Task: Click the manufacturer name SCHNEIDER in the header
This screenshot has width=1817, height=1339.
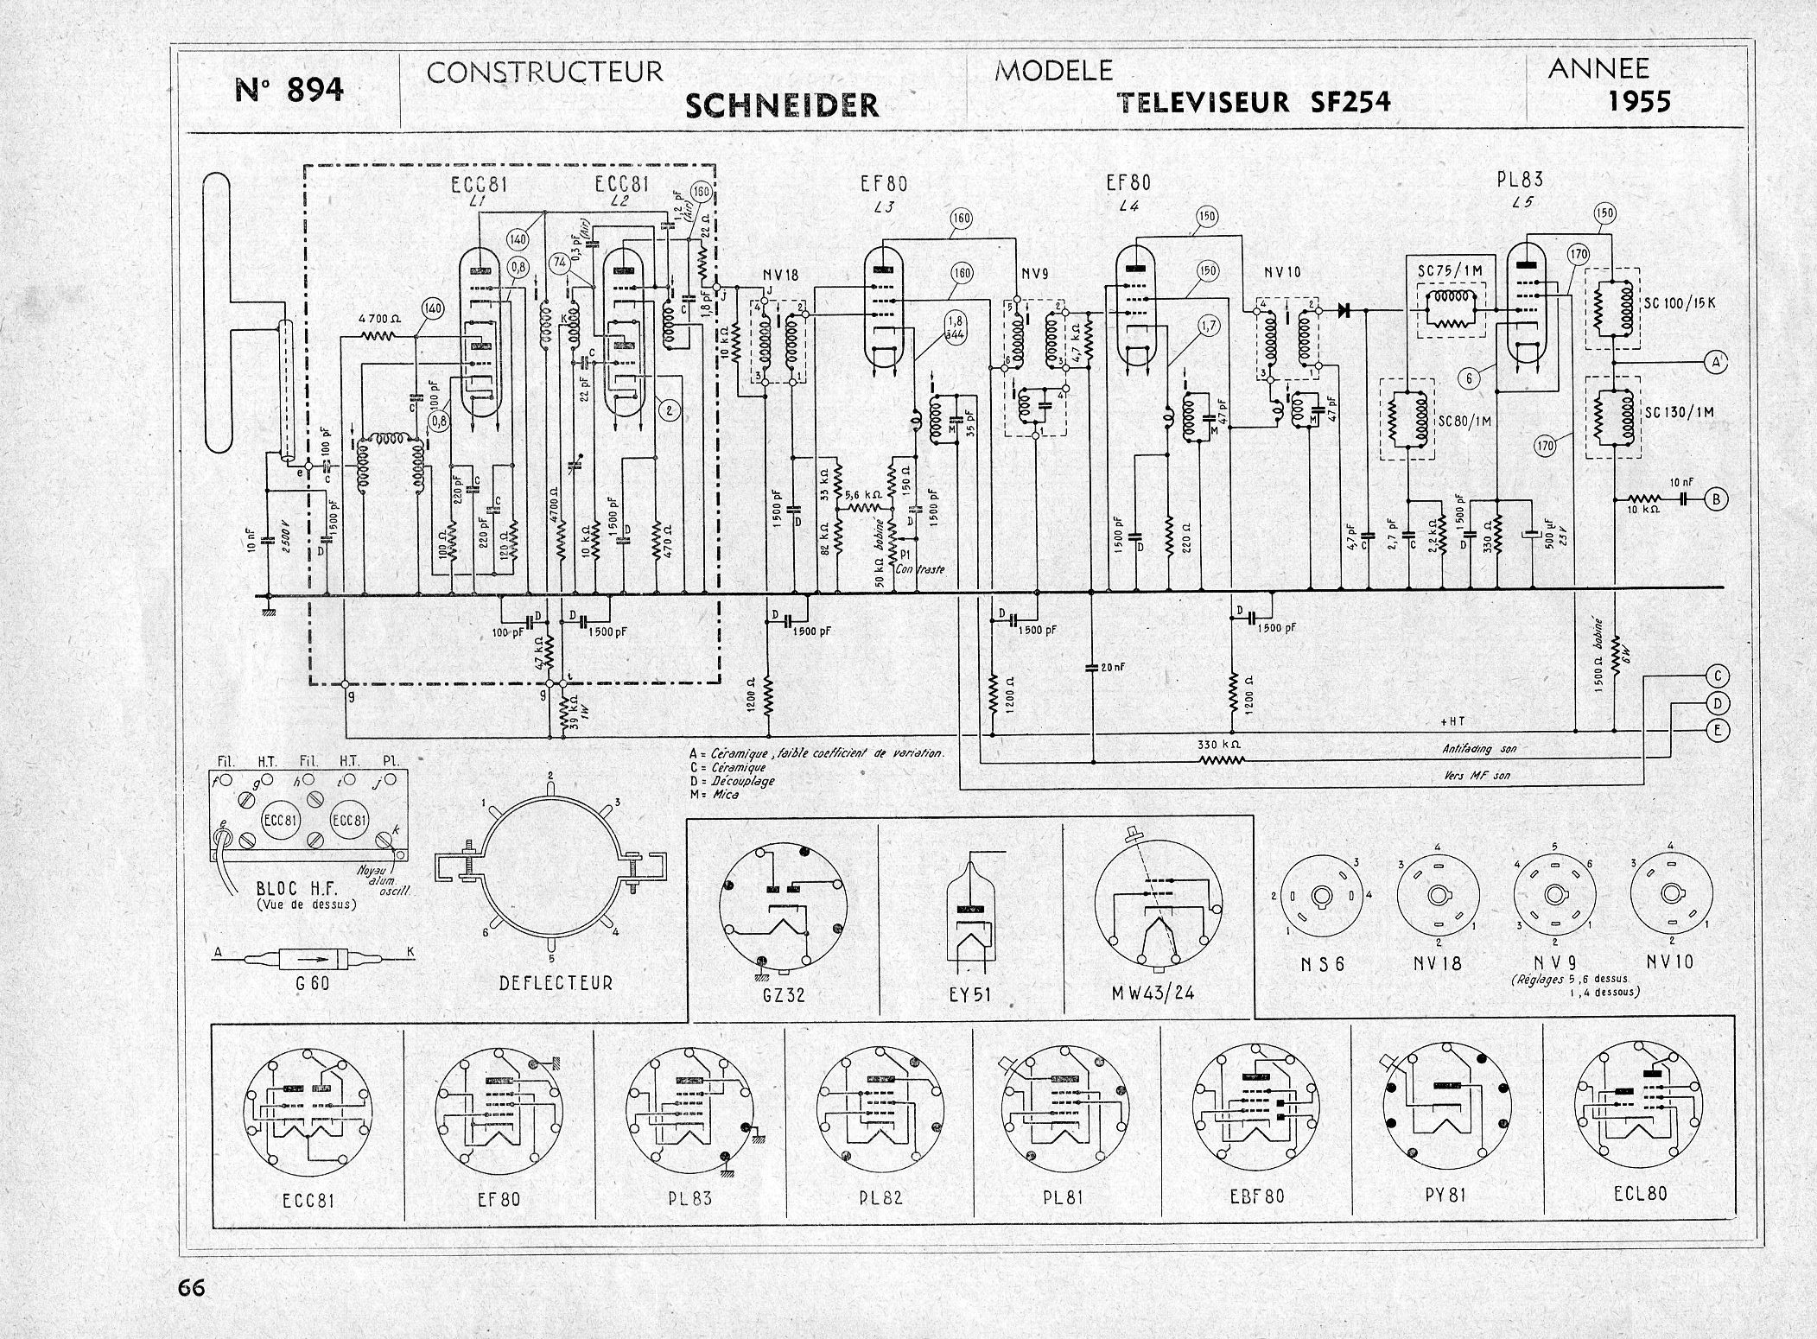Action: (781, 105)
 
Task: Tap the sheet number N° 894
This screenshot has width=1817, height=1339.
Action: (289, 89)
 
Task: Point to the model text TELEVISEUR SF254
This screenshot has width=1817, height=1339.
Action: (1254, 104)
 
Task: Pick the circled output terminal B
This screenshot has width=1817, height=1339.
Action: (1717, 498)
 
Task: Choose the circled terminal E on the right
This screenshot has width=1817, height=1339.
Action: (1717, 731)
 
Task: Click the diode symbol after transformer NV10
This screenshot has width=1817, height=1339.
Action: (1344, 308)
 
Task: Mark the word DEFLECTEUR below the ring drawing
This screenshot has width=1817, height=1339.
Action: (556, 982)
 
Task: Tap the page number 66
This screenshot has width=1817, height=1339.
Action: (191, 1287)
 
